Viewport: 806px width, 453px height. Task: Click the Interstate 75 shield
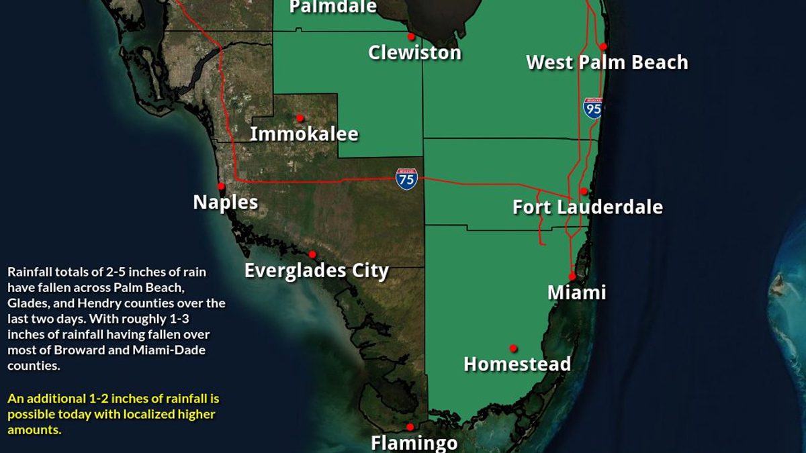(x=406, y=179)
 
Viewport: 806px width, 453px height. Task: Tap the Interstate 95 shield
(x=593, y=108)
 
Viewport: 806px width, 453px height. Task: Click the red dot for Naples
(x=220, y=186)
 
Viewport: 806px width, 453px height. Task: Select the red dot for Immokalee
(x=300, y=117)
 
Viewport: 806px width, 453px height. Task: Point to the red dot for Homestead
(x=513, y=348)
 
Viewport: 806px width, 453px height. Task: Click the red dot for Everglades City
(x=312, y=254)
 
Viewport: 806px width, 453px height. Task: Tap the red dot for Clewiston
(x=411, y=37)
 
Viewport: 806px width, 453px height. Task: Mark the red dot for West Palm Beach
(x=603, y=46)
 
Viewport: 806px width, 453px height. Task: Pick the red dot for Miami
(x=572, y=276)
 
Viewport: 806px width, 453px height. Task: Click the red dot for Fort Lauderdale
(x=583, y=191)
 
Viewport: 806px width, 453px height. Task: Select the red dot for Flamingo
(x=410, y=427)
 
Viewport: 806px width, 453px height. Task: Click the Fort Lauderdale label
(x=588, y=207)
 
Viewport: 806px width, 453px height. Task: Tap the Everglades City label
(x=316, y=270)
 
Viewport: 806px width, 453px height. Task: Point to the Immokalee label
(x=304, y=134)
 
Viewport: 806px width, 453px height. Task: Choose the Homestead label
(x=517, y=364)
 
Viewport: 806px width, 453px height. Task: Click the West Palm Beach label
(x=607, y=62)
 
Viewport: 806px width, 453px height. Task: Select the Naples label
(x=226, y=202)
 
